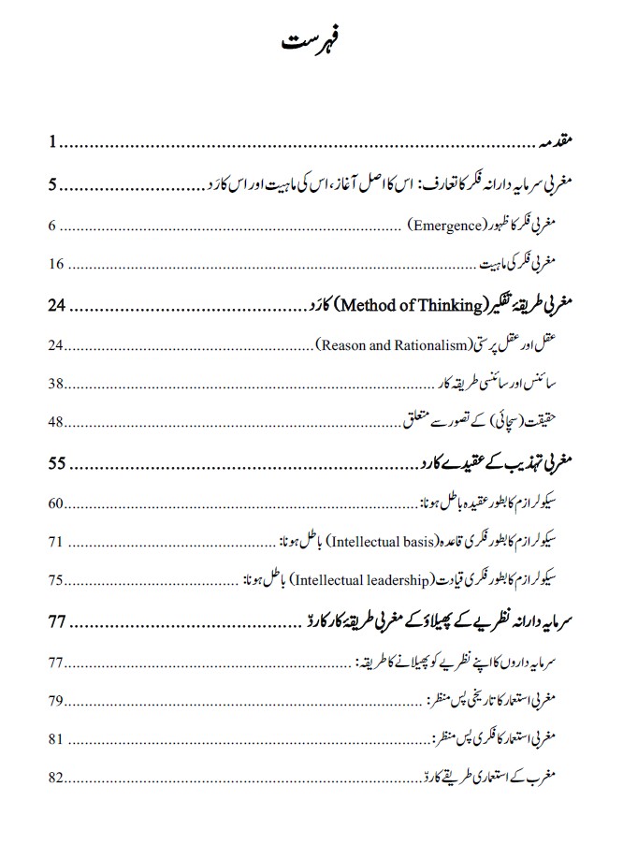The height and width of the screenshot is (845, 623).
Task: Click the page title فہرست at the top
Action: point(311,45)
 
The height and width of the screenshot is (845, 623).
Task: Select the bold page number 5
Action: point(53,184)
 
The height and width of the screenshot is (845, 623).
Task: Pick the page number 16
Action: point(56,264)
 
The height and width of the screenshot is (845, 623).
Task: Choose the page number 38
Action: point(56,384)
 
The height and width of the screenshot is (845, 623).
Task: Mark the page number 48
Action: point(56,423)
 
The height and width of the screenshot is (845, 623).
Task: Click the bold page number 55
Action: point(58,463)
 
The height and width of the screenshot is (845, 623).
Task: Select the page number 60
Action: point(56,504)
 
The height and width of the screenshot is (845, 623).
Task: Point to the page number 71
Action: point(56,542)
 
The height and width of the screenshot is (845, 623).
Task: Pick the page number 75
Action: point(56,581)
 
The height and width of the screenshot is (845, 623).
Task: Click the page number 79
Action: point(56,700)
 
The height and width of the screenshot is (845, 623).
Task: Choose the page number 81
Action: point(56,738)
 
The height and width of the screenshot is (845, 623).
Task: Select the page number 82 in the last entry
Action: point(56,778)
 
